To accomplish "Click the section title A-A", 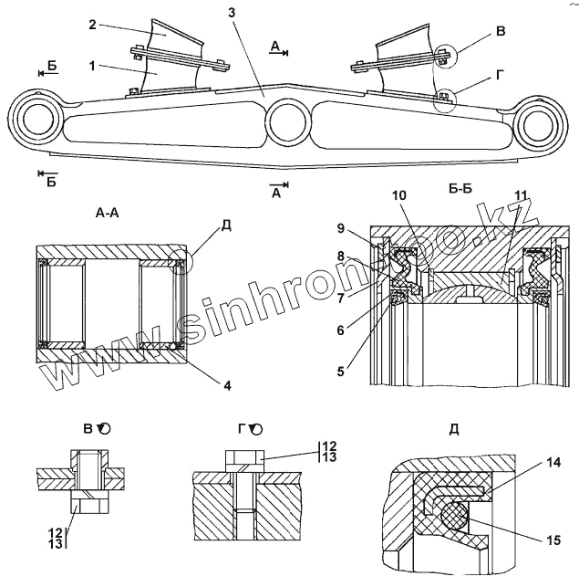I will (x=107, y=212).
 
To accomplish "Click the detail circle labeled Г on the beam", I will (x=445, y=99).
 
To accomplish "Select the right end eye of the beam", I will (x=538, y=121).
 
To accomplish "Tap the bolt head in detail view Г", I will (x=243, y=457).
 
